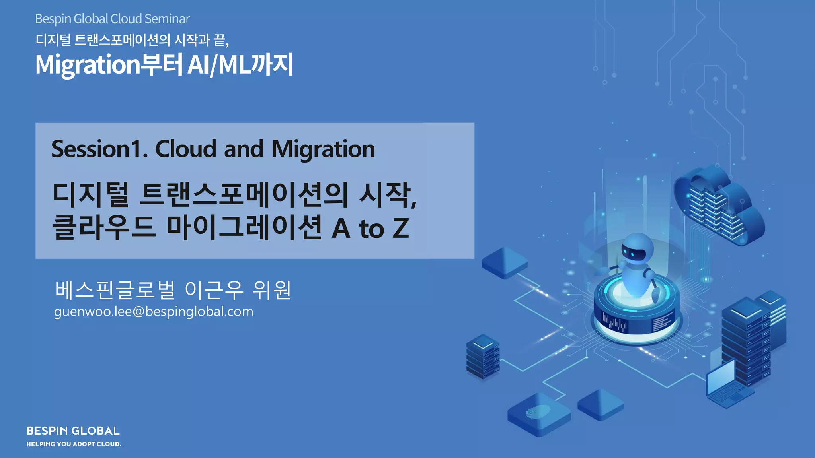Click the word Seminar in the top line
point(167,19)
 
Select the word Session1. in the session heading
point(99,149)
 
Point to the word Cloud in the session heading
point(186,149)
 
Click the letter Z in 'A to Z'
point(400,228)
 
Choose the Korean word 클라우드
point(103,227)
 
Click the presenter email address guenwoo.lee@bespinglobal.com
point(154,312)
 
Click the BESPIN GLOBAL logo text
point(73,431)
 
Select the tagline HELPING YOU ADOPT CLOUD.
point(74,444)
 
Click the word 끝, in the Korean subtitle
point(221,40)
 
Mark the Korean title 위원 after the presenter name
point(272,290)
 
